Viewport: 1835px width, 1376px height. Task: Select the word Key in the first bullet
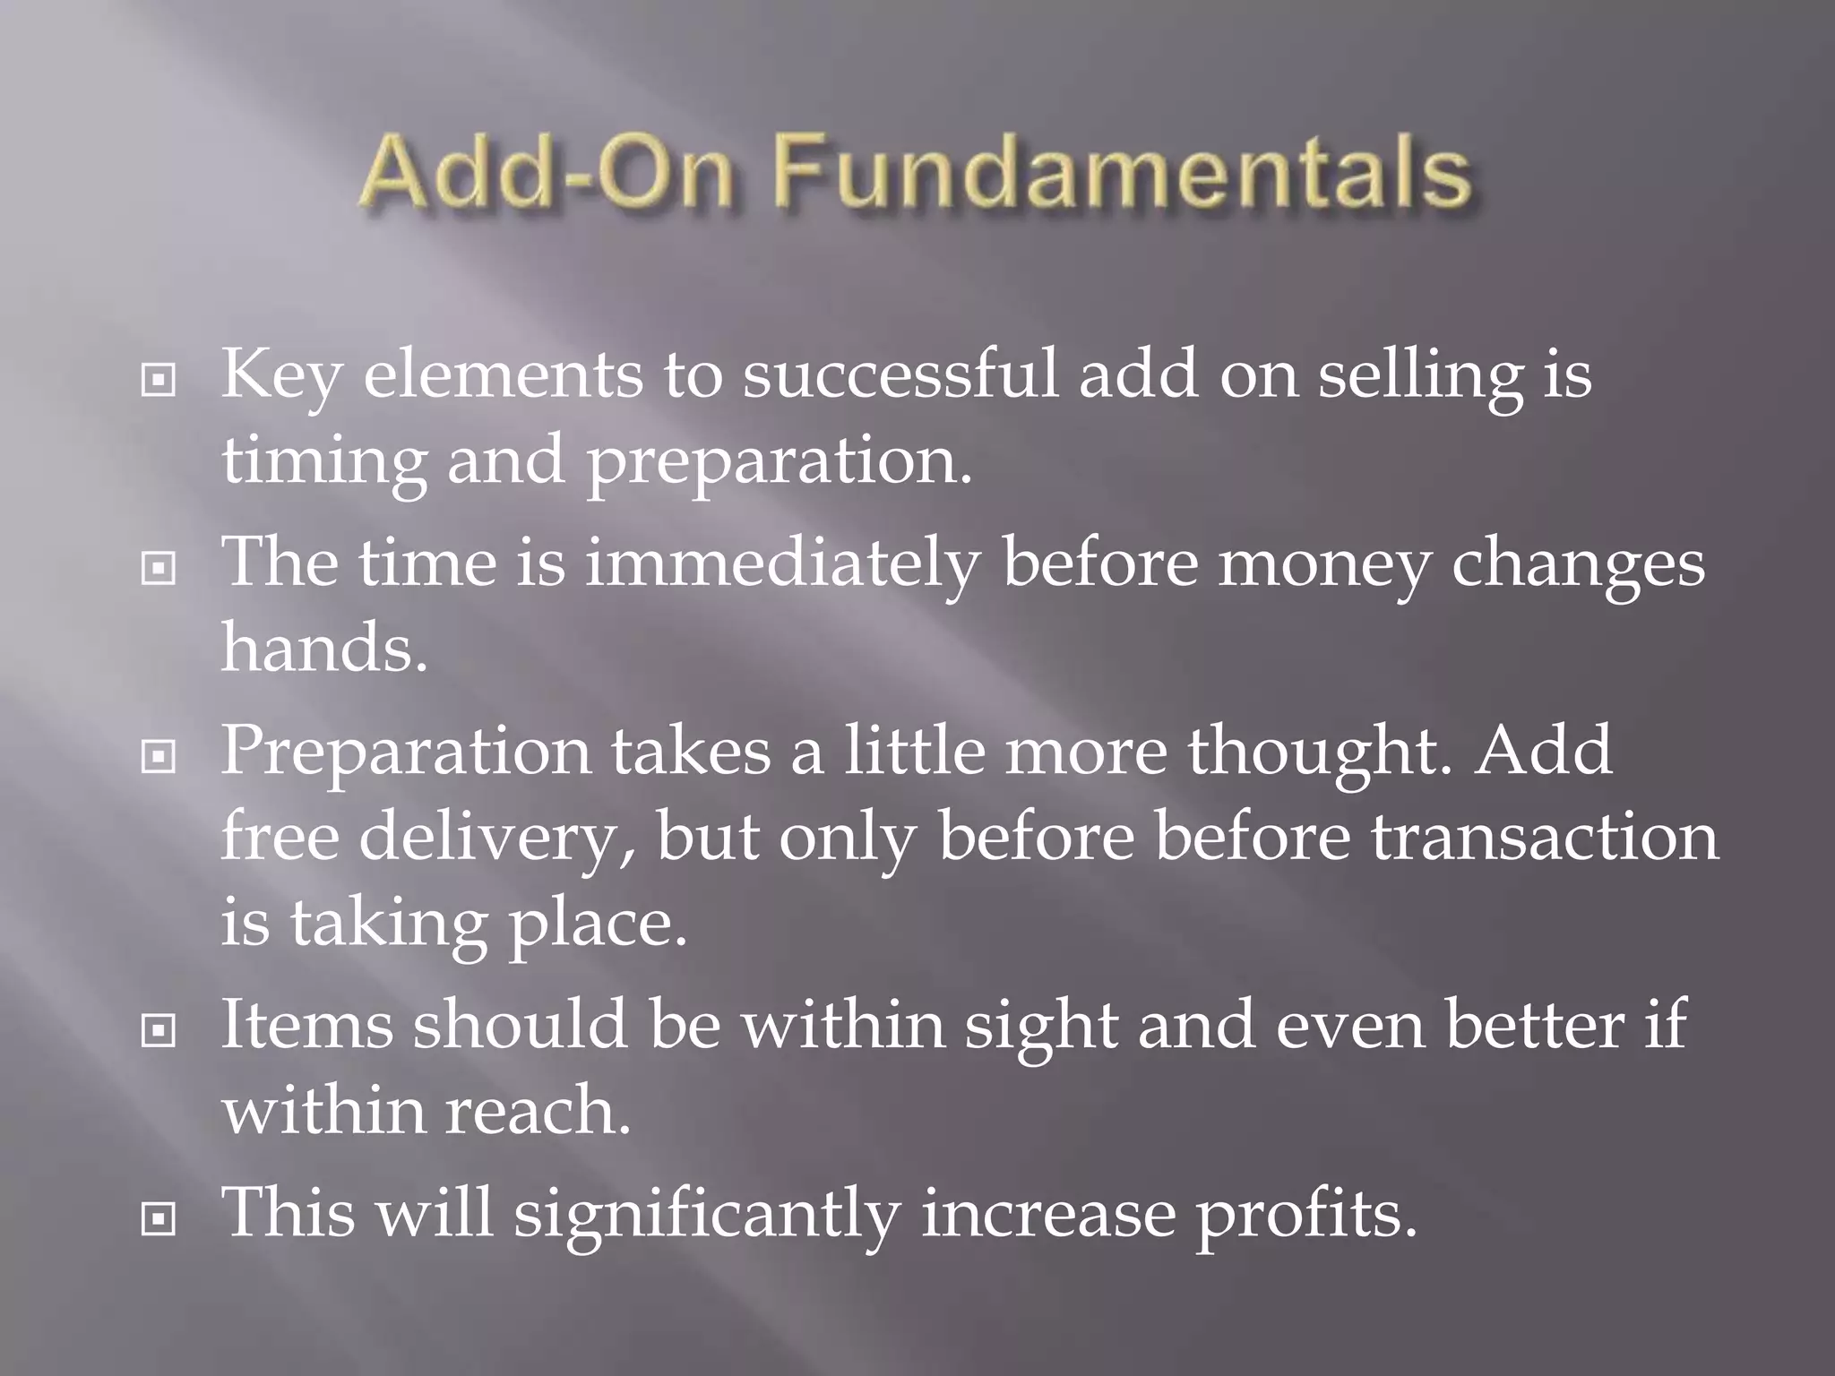tap(280, 374)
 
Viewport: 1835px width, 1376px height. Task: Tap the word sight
tap(1041, 1027)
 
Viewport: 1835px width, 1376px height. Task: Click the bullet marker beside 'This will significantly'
tap(159, 1218)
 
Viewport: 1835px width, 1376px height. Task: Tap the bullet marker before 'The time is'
tap(159, 568)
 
